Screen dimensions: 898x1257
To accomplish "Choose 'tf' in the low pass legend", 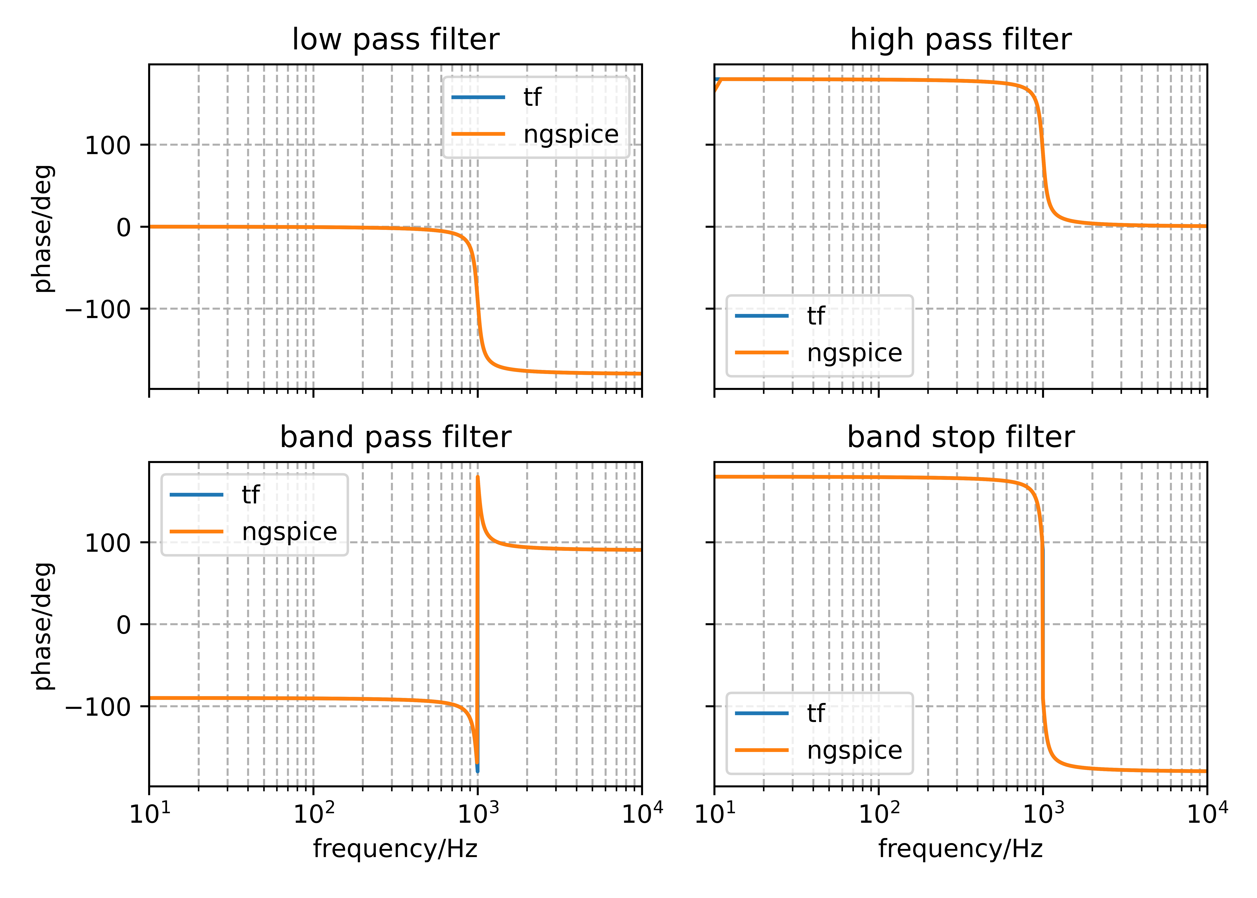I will point(532,97).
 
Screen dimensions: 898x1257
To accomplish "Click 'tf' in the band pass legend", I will point(250,494).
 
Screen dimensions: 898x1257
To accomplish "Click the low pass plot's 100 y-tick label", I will point(107,145).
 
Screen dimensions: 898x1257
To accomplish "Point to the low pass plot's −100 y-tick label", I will point(98,309).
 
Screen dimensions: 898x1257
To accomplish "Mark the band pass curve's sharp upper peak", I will point(478,477).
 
